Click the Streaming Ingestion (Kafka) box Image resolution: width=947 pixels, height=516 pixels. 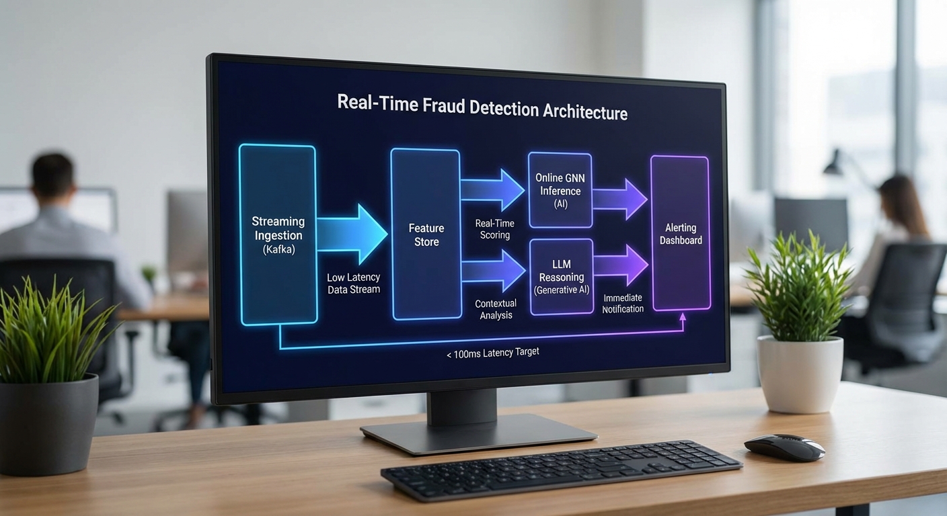(x=277, y=234)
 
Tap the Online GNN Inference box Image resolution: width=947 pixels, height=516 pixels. (x=560, y=190)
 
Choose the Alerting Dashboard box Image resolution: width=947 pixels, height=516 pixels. (x=680, y=233)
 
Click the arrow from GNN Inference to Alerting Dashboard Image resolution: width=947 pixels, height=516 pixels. (x=619, y=199)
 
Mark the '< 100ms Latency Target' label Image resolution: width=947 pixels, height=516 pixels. (x=492, y=352)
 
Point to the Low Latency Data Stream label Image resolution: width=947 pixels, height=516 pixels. (x=353, y=284)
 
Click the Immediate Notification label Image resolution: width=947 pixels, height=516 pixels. (x=623, y=304)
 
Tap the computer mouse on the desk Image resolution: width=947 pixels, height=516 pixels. (x=784, y=447)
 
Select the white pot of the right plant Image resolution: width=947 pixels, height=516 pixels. (x=799, y=373)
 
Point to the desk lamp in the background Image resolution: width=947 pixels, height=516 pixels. (x=835, y=164)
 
